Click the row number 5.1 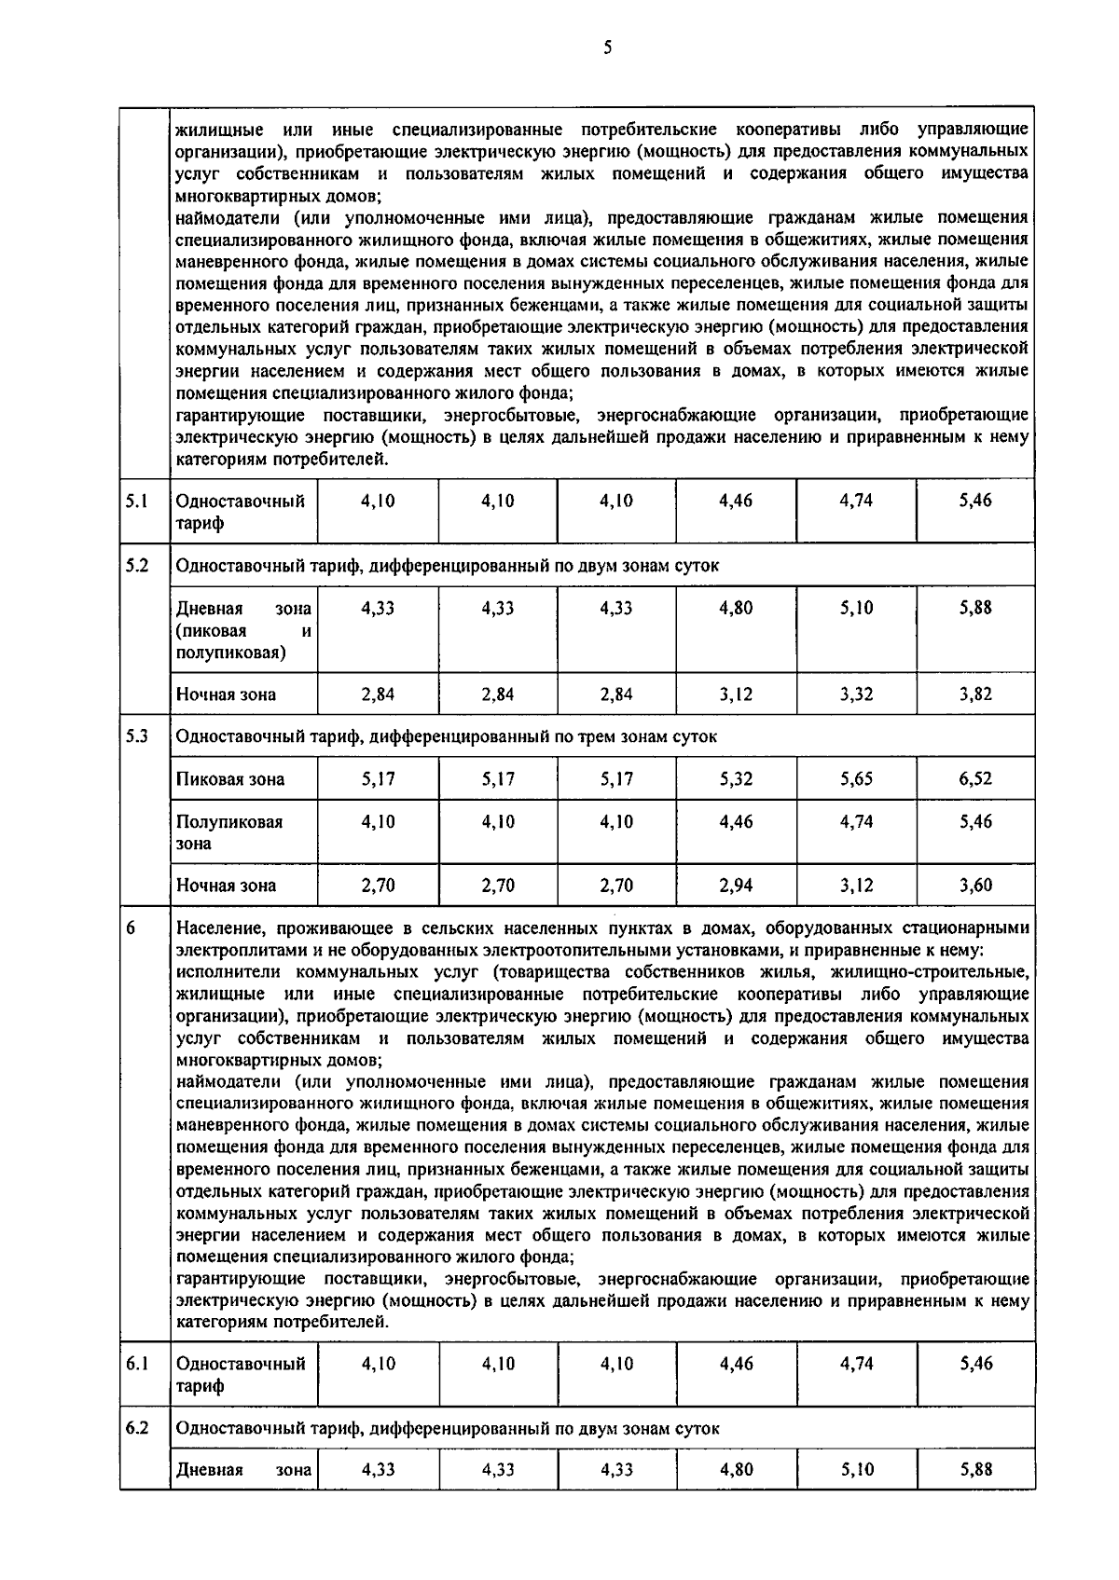pos(137,501)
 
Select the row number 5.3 pos(137,735)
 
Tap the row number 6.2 pos(137,1428)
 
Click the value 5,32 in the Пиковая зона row pos(736,778)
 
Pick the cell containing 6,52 pos(975,778)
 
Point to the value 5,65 pos(856,778)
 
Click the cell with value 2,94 pos(736,886)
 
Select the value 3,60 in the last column pos(975,886)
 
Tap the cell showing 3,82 pos(975,694)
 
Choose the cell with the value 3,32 pos(856,694)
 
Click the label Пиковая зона pos(230,779)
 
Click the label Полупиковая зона pos(229,832)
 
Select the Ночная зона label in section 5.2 pos(226,694)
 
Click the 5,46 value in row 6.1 pos(975,1364)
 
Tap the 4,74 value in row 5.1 pos(856,501)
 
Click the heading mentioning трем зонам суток pos(446,736)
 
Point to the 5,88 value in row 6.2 pos(975,1470)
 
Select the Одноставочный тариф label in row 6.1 pos(241,1375)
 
